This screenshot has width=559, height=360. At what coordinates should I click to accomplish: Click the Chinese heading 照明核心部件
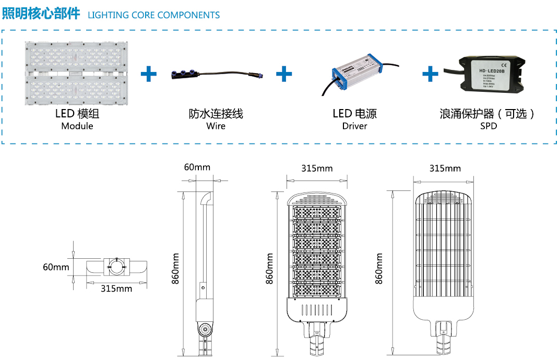coord(41,13)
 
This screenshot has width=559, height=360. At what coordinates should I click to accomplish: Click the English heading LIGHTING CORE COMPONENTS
coord(153,15)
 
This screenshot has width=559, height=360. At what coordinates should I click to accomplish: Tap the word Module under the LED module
coord(77,126)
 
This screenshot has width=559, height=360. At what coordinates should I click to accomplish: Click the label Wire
coord(216,126)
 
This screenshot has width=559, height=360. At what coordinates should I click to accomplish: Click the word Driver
coord(355,126)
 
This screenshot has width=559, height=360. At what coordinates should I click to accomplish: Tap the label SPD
coord(489,126)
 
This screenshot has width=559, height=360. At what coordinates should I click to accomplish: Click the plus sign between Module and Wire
coord(149,74)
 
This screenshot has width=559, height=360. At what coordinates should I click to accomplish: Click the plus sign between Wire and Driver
coord(284,74)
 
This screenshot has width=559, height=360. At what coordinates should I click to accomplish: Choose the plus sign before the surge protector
coord(430,74)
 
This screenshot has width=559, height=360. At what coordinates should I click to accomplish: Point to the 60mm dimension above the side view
coord(197,167)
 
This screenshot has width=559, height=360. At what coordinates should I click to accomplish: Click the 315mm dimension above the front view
coord(317,168)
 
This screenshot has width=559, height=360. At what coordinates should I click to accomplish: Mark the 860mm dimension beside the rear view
coord(379,269)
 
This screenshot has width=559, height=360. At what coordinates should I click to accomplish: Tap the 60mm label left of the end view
coord(56,267)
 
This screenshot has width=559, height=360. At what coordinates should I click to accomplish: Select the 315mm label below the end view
coord(116,289)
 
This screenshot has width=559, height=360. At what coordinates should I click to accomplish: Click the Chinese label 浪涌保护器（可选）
coord(488,114)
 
